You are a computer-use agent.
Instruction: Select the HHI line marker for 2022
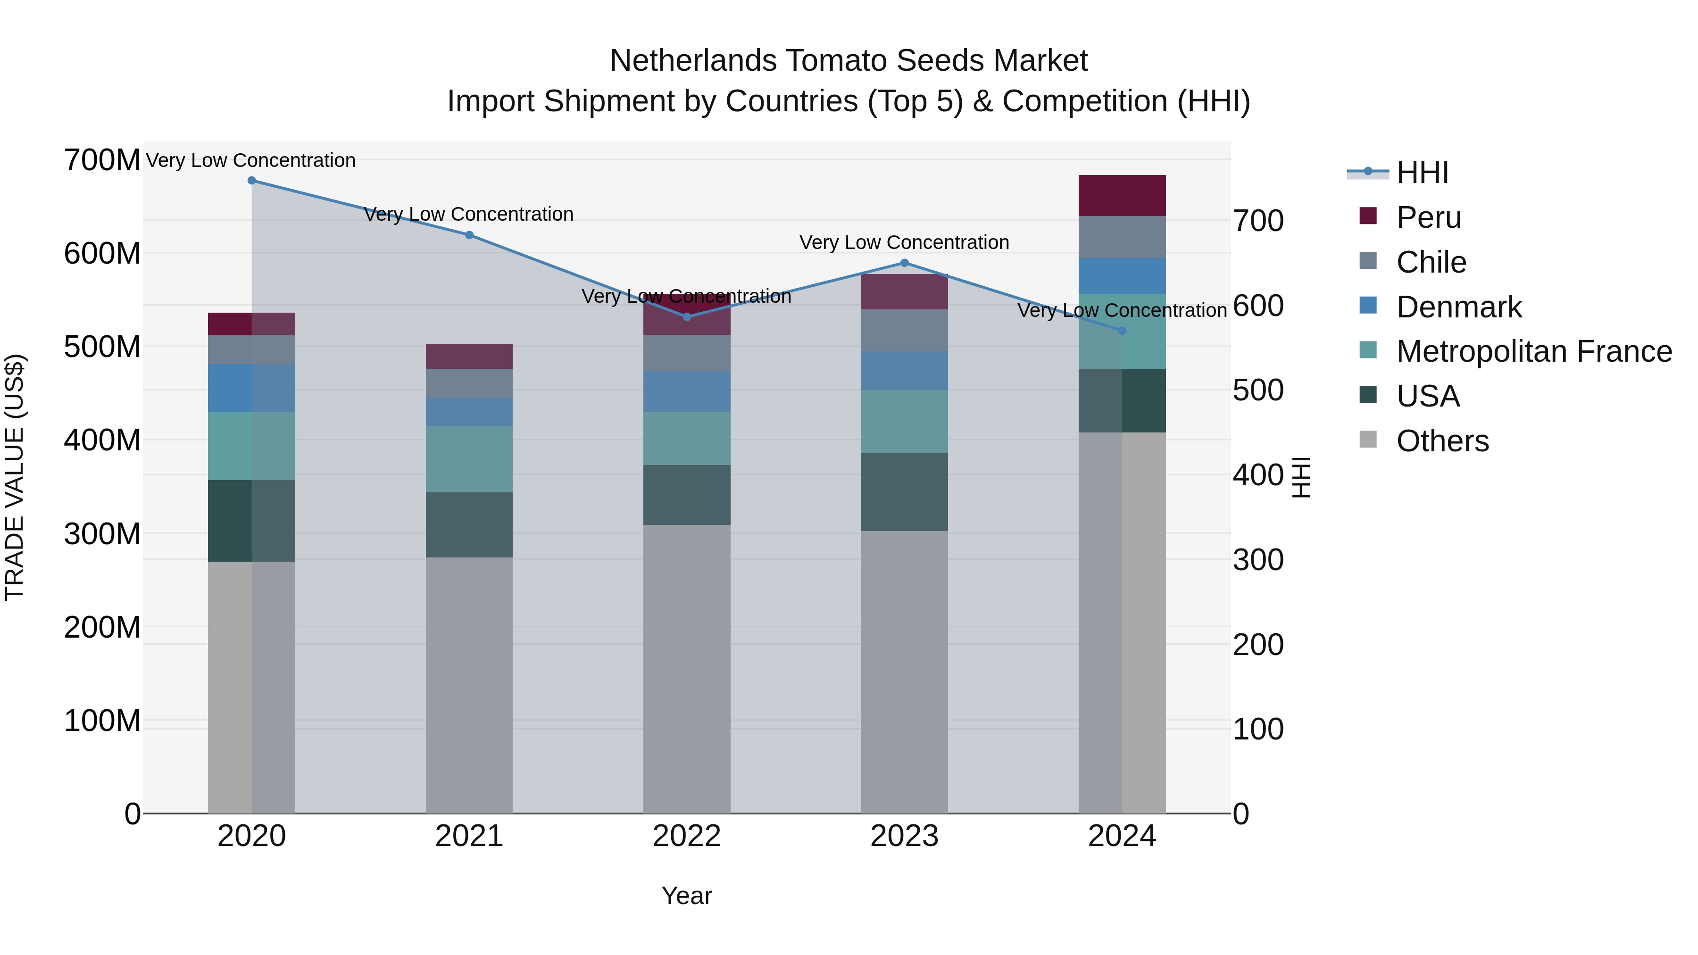pos(687,317)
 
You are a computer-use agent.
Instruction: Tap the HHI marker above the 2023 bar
pos(904,263)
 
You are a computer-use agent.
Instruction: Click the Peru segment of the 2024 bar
pos(1122,196)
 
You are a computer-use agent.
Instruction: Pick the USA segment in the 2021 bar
pos(469,524)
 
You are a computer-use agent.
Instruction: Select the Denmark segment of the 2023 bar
pos(904,370)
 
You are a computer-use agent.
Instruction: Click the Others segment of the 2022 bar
pos(687,669)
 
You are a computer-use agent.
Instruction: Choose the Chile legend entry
pos(1431,262)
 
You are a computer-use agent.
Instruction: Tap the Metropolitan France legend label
pos(1534,352)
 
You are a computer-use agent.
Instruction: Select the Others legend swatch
pos(1368,440)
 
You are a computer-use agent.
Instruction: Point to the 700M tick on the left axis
pos(101,160)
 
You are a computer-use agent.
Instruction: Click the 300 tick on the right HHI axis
pos(1257,560)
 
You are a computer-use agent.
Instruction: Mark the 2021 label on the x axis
pos(469,836)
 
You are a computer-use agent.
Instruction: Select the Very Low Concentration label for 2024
pos(1122,310)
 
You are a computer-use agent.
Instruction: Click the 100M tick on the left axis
pos(101,721)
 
